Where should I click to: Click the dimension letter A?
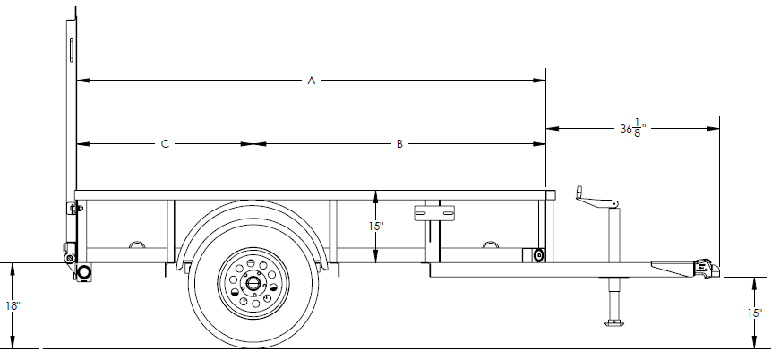[312, 81]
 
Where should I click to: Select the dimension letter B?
[399, 143]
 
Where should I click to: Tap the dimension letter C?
[165, 143]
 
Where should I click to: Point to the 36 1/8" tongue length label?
[632, 128]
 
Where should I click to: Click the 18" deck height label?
[12, 305]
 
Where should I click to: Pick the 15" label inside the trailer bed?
[376, 227]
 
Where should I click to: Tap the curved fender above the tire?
[253, 208]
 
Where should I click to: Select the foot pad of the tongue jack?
[614, 322]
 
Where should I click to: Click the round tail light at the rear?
[84, 271]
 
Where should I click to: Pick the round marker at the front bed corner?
[538, 256]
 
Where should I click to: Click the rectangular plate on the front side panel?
[435, 212]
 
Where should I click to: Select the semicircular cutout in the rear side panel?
[136, 244]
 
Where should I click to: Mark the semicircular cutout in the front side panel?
[489, 244]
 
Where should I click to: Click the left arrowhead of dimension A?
[81, 81]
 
